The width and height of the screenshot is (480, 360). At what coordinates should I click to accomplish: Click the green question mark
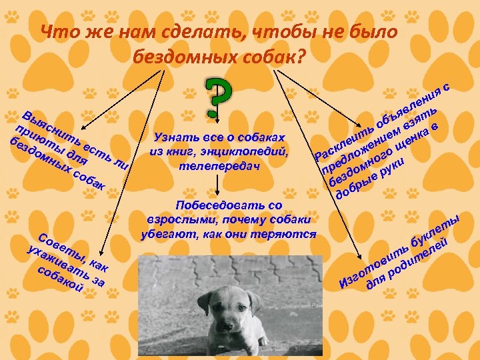coord(219,98)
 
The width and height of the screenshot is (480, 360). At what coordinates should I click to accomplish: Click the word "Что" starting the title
coord(56,31)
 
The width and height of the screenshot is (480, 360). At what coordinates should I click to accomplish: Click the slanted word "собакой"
coord(61,279)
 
